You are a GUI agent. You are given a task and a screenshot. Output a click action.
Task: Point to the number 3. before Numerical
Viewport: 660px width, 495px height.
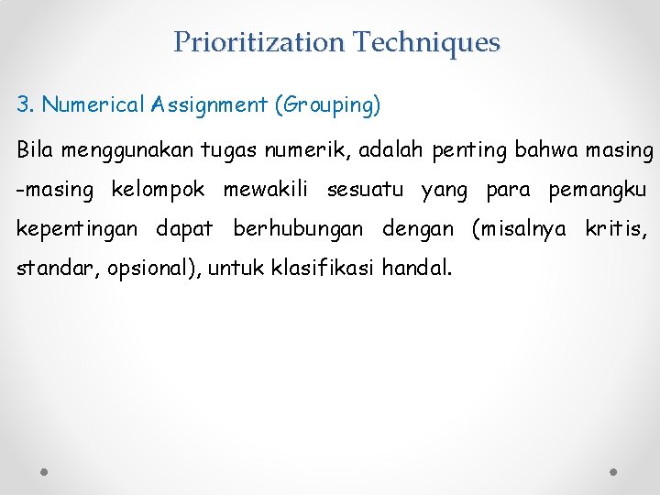click(x=25, y=104)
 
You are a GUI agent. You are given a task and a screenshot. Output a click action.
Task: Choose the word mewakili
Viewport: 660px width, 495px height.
click(x=269, y=190)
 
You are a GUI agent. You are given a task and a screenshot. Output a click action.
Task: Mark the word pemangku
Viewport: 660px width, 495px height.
click(x=597, y=191)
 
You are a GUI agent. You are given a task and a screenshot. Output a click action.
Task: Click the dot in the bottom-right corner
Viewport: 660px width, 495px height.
click(x=614, y=470)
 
